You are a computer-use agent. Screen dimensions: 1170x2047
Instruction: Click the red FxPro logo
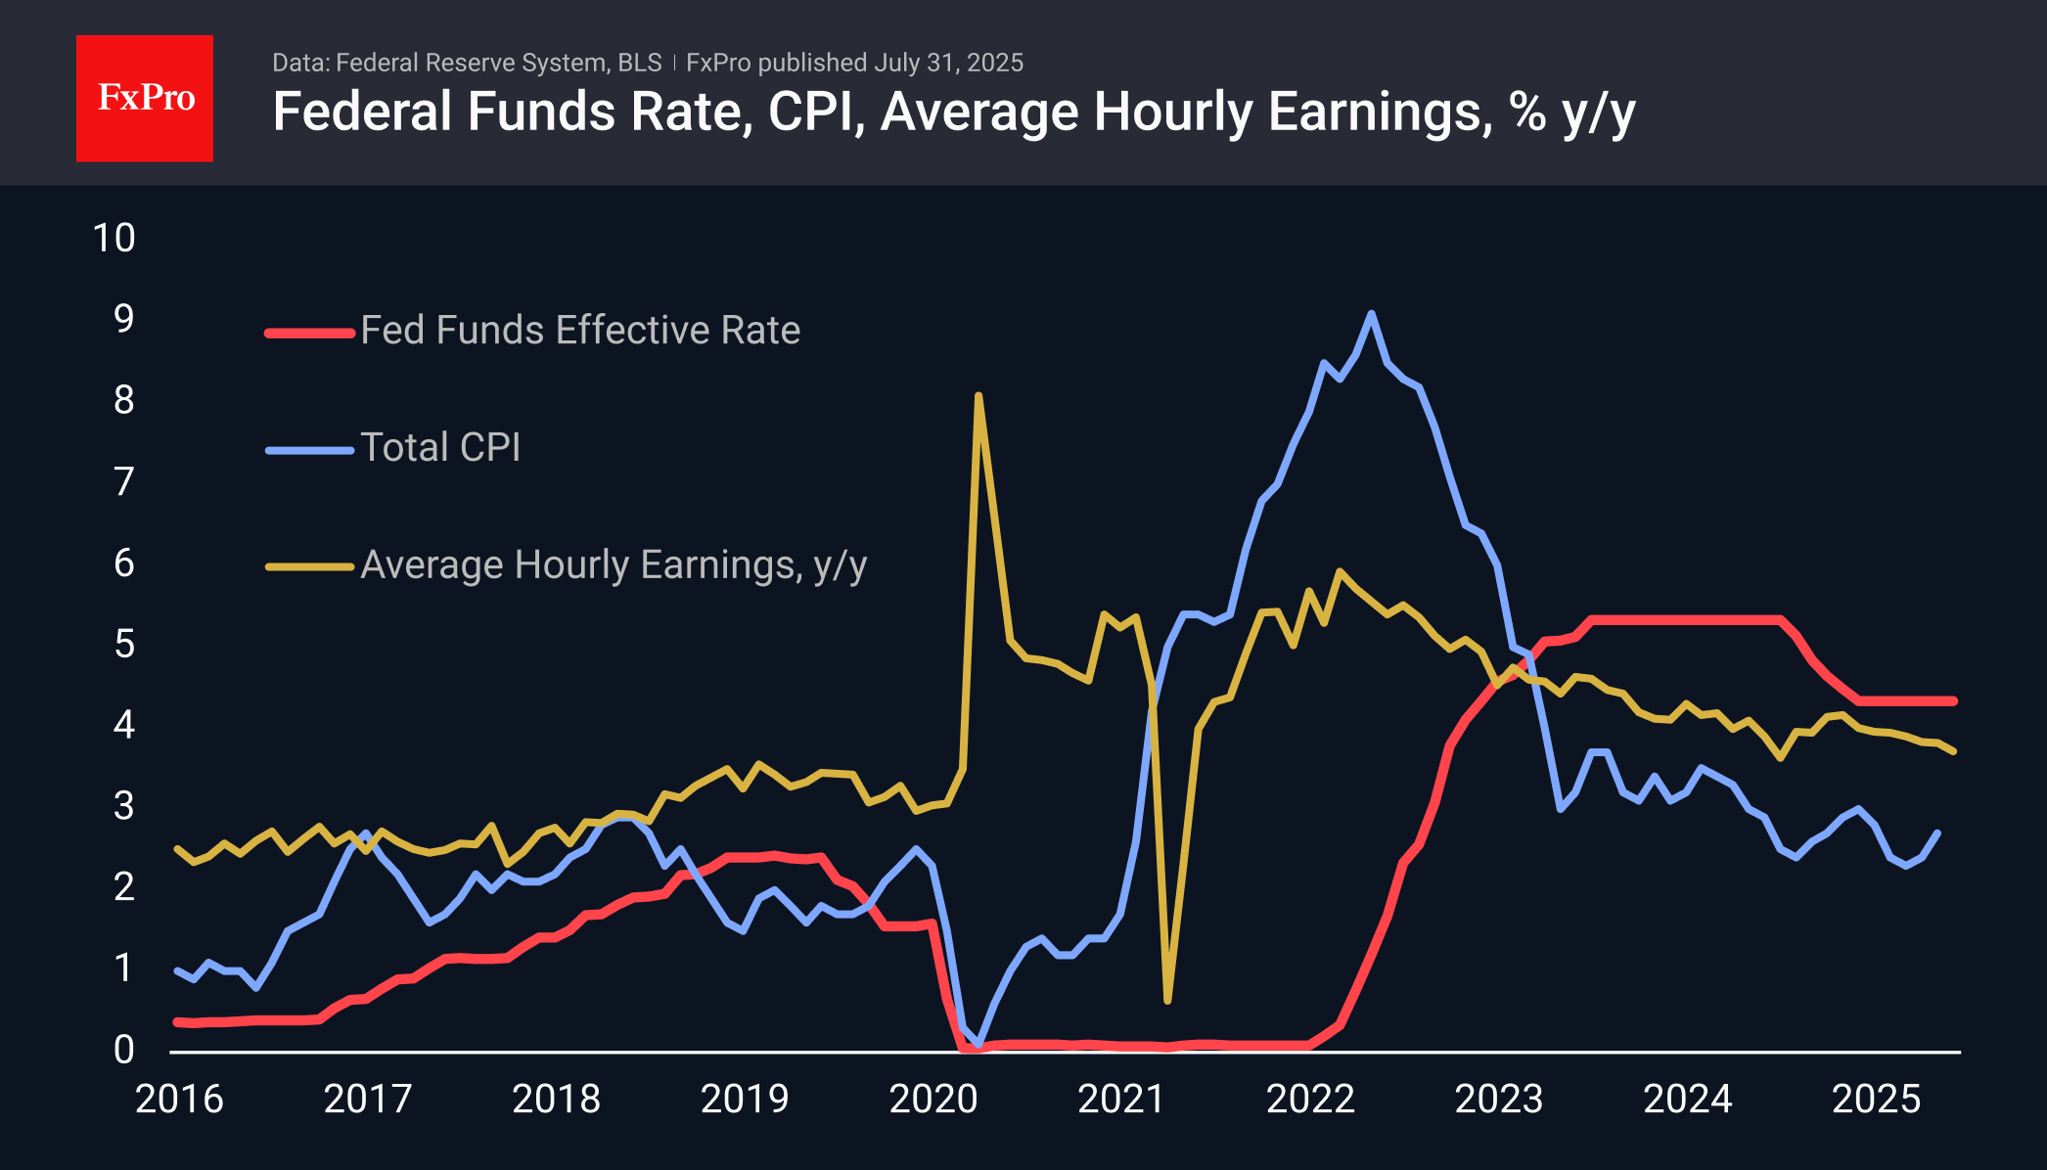[145, 98]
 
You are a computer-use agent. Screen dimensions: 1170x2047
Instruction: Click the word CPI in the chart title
[815, 112]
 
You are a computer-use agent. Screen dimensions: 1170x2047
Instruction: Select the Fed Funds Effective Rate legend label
[580, 331]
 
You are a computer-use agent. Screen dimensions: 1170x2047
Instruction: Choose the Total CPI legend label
[440, 448]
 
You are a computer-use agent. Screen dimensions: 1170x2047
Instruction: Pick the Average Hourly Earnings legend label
[614, 565]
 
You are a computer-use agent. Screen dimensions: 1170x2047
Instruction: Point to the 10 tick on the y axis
[114, 238]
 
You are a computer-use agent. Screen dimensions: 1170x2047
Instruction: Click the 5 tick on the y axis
[124, 644]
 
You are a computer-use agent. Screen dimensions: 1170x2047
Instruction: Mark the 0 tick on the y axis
[124, 1050]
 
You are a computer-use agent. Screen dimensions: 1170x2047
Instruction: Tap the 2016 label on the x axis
[179, 1099]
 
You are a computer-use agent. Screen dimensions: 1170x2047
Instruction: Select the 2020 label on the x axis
[933, 1099]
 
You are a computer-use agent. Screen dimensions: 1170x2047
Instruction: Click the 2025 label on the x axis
[1876, 1099]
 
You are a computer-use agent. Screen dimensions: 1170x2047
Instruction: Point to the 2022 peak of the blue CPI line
[1371, 314]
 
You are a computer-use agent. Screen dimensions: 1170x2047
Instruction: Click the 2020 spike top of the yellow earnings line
[978, 396]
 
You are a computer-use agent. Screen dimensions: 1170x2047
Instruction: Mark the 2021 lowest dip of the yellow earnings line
[1167, 1000]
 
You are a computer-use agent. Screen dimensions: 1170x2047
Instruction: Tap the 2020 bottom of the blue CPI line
[978, 1044]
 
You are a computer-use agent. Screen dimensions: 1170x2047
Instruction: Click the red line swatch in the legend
[309, 333]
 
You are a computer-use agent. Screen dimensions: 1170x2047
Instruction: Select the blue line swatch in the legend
[309, 450]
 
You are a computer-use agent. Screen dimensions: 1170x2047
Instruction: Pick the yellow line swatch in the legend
[309, 566]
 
